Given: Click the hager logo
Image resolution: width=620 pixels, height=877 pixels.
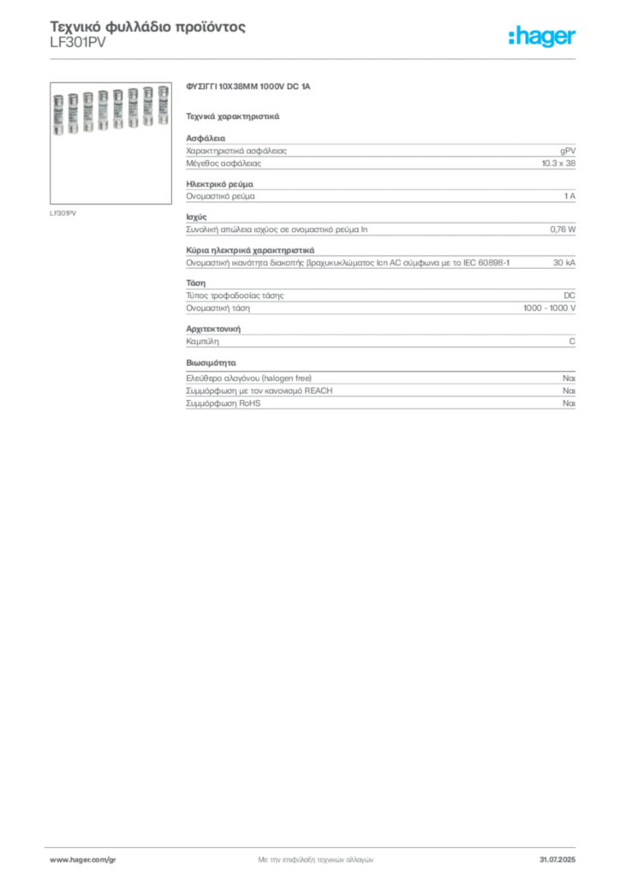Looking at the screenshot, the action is pyautogui.click(x=542, y=37).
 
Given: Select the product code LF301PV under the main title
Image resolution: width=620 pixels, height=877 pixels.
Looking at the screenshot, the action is pyautogui.click(x=78, y=43).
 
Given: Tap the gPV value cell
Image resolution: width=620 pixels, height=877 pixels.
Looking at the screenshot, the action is pyautogui.click(x=568, y=151).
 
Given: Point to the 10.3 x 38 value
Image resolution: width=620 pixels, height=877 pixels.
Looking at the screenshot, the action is pyautogui.click(x=558, y=164).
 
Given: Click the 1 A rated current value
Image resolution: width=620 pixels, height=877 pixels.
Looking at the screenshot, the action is pyautogui.click(x=569, y=196).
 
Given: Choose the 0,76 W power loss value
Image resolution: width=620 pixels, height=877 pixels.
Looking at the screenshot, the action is pyautogui.click(x=563, y=230).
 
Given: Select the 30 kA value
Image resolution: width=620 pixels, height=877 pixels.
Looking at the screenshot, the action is pyautogui.click(x=564, y=262).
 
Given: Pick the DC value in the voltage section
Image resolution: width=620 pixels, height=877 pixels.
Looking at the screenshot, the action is pyautogui.click(x=569, y=295).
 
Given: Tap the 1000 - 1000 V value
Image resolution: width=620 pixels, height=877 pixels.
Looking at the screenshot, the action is pyautogui.click(x=549, y=307).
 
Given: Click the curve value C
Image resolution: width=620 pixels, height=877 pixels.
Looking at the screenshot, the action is pyautogui.click(x=572, y=341).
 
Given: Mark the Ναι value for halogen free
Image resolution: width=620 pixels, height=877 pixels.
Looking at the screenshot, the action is pyautogui.click(x=569, y=378).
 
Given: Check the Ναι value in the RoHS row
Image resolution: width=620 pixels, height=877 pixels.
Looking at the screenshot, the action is pyautogui.click(x=569, y=403).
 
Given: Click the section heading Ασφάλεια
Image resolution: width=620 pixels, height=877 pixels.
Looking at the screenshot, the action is pyautogui.click(x=206, y=138).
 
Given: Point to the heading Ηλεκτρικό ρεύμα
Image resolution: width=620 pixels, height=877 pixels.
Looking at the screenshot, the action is pyautogui.click(x=220, y=184).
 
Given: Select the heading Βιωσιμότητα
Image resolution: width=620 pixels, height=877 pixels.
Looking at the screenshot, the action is pyautogui.click(x=211, y=362).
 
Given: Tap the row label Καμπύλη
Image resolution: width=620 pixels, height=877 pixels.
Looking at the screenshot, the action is pyautogui.click(x=202, y=341).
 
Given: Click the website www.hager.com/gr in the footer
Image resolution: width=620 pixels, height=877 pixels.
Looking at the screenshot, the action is pyautogui.click(x=83, y=860).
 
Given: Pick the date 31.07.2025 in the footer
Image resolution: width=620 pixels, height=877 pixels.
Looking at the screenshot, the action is pyautogui.click(x=557, y=860).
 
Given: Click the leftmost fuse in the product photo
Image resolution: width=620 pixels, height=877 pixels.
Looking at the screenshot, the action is pyautogui.click(x=58, y=115).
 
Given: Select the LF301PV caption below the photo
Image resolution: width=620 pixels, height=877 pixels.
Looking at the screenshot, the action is pyautogui.click(x=63, y=213).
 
